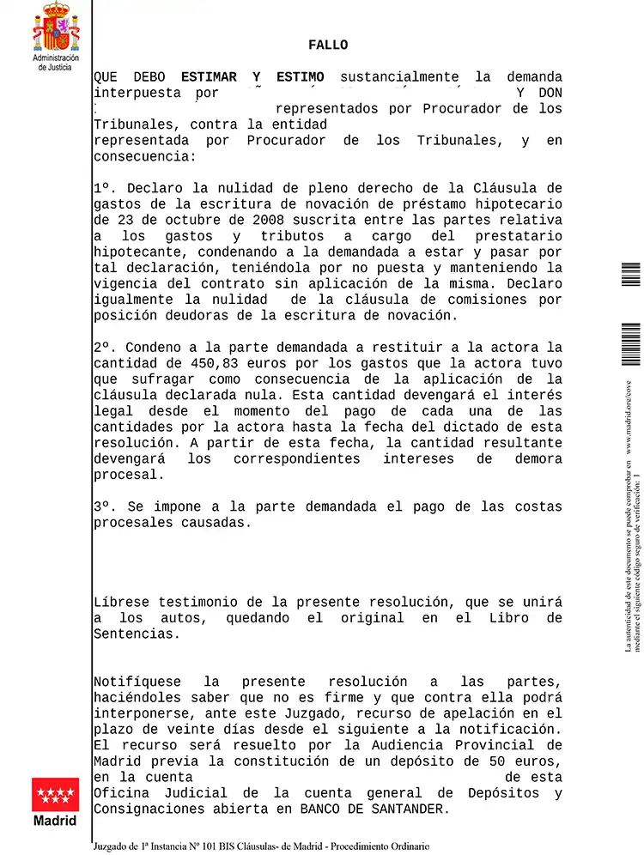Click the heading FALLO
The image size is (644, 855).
point(328,45)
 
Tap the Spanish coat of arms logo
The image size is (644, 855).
point(55,27)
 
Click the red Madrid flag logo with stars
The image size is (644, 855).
point(55,795)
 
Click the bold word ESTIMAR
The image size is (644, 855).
point(209,77)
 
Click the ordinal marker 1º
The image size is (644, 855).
point(104,189)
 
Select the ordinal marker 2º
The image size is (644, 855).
point(104,348)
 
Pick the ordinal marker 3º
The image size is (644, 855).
point(104,506)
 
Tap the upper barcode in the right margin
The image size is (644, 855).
point(631,274)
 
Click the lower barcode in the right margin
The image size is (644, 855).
point(631,344)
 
